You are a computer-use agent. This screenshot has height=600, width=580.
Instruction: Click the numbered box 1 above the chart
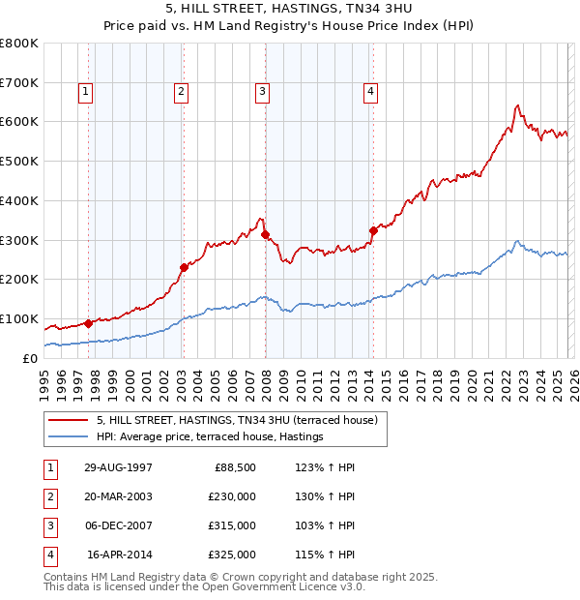(86, 92)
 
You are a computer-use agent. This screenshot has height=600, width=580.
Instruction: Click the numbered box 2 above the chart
(181, 92)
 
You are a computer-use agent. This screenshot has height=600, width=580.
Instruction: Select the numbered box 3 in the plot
(262, 92)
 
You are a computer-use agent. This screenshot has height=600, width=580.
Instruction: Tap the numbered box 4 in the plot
(370, 92)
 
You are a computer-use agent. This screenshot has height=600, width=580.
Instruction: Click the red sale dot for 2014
(373, 230)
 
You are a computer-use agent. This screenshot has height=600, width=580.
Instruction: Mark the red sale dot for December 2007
(265, 234)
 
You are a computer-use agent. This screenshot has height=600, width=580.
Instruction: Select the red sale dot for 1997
(89, 323)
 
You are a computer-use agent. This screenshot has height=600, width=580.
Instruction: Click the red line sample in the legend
(68, 420)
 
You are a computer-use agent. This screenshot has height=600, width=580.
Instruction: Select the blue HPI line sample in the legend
(68, 437)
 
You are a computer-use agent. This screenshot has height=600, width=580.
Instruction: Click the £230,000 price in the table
(231, 496)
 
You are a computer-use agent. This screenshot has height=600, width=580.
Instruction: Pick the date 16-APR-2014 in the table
(119, 555)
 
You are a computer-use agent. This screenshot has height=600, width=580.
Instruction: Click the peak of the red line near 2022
(518, 105)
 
